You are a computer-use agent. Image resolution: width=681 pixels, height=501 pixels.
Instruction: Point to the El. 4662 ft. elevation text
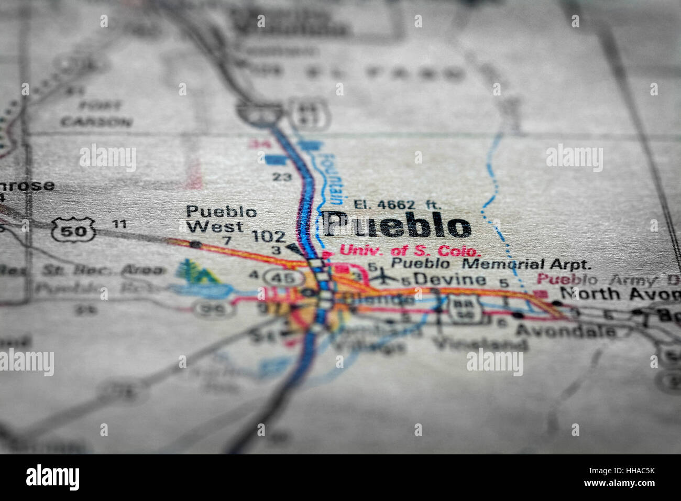point(397,204)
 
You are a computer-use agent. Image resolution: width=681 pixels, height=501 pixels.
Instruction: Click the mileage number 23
point(282,177)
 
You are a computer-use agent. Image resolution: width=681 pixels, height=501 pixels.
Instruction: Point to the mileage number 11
point(119,224)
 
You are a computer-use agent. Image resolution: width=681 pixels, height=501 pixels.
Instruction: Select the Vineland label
point(480,344)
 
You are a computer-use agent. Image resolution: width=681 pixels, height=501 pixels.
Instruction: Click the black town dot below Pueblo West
point(195,244)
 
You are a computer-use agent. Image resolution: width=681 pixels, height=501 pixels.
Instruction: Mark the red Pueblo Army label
point(608,279)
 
